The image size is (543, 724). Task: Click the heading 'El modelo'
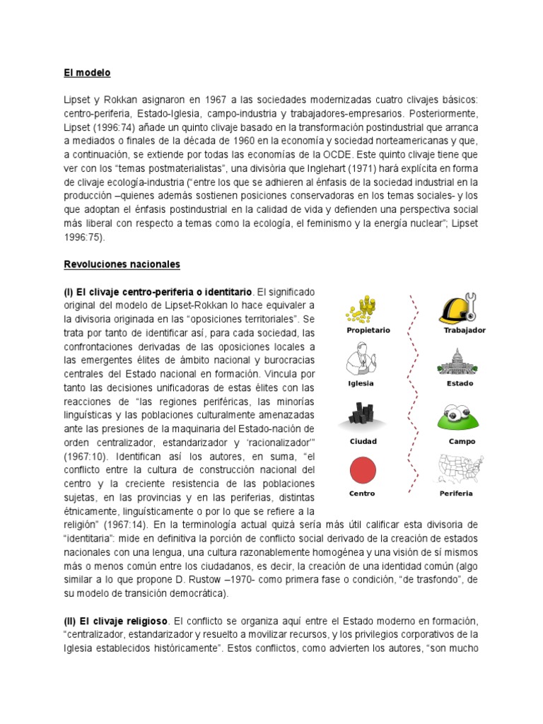[87, 73]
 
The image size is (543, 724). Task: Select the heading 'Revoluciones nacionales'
[122, 264]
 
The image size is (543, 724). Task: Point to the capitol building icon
[460, 361]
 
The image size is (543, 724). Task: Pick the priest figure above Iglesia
[361, 359]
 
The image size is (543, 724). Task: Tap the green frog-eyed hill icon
[460, 417]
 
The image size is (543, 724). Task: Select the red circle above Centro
[363, 470]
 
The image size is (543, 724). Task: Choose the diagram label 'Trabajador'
[465, 331]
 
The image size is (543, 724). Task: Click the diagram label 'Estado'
[460, 384]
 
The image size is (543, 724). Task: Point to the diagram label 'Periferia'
[456, 494]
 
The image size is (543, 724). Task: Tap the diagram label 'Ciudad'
[363, 442]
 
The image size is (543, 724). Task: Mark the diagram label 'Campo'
[461, 442]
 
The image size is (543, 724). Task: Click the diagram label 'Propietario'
[368, 331]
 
